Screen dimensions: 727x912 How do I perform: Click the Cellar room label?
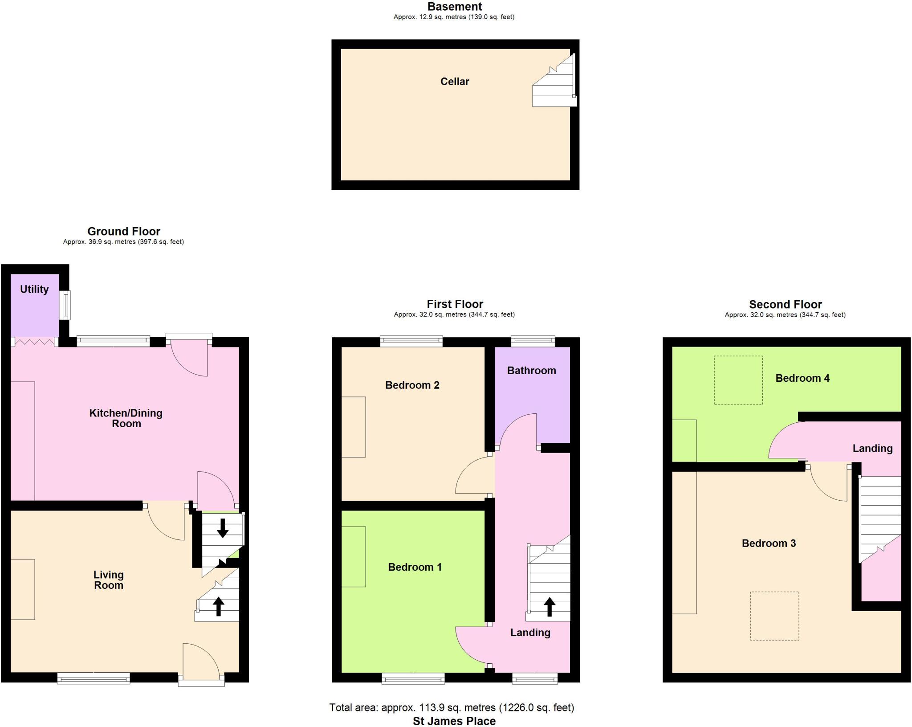(x=455, y=82)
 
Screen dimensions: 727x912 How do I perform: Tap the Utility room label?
(x=34, y=289)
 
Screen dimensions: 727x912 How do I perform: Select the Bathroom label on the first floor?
(x=531, y=371)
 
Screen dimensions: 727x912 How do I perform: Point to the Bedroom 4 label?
(x=802, y=378)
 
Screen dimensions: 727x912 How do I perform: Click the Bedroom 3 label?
(x=769, y=543)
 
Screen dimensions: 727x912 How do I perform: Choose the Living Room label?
(x=109, y=580)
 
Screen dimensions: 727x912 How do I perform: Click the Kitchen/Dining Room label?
(x=126, y=418)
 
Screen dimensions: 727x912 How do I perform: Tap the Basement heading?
(x=455, y=7)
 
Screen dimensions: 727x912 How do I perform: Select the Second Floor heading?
(x=785, y=304)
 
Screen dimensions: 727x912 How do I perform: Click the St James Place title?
(x=454, y=721)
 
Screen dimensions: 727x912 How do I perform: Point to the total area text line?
(x=452, y=707)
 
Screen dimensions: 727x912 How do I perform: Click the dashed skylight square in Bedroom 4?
(x=738, y=380)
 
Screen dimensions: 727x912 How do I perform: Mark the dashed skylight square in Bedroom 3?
(x=774, y=616)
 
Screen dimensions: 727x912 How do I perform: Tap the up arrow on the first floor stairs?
(x=550, y=606)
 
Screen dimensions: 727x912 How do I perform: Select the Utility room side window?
(x=65, y=305)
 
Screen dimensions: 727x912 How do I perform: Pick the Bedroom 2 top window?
(x=411, y=342)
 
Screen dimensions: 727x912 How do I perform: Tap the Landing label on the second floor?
(x=872, y=449)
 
